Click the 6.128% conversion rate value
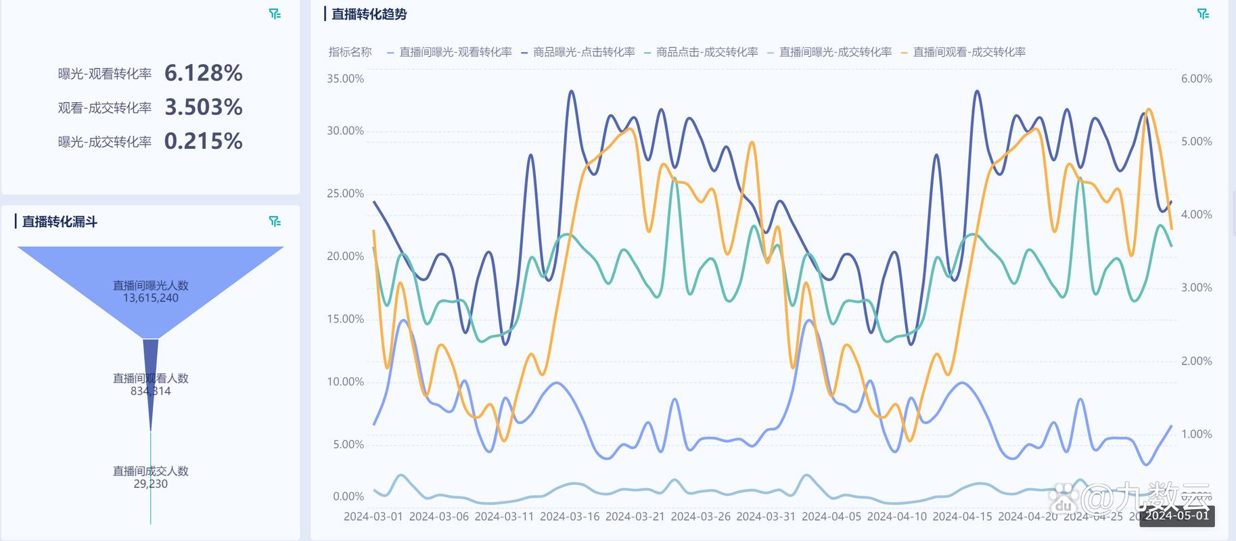click(x=203, y=73)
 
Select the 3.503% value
click(x=203, y=107)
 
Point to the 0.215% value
click(x=203, y=141)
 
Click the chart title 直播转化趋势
click(x=369, y=14)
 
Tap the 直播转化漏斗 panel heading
click(x=60, y=222)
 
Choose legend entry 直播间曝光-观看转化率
click(x=455, y=52)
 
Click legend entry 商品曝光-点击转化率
click(x=584, y=52)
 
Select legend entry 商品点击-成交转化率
click(x=707, y=52)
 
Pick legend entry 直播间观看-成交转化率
click(x=969, y=52)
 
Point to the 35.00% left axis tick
click(x=345, y=78)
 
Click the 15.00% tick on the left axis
click(x=345, y=319)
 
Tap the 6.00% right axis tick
click(x=1196, y=78)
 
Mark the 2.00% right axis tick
click(x=1196, y=361)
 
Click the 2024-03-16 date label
click(x=570, y=517)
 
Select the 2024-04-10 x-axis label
click(x=897, y=517)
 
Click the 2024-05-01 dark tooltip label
click(x=1177, y=515)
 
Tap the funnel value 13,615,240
click(x=150, y=298)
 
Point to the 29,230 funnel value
click(x=150, y=484)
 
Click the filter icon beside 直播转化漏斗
click(x=275, y=222)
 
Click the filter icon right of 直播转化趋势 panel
click(x=1203, y=14)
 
